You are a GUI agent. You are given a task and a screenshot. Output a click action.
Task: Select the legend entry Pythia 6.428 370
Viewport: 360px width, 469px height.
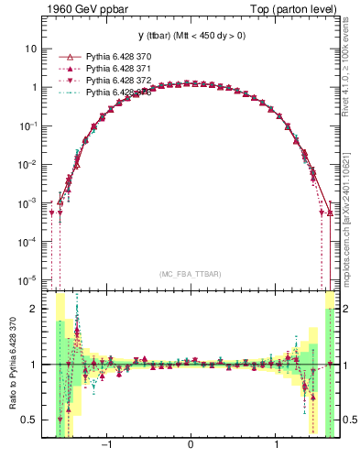tap(119, 57)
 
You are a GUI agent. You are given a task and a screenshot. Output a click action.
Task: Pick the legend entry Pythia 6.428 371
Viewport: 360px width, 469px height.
tap(119, 69)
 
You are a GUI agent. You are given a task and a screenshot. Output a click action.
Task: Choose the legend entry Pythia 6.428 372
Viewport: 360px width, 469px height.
tap(119, 81)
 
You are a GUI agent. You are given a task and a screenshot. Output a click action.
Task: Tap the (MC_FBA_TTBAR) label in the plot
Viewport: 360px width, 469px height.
tap(190, 274)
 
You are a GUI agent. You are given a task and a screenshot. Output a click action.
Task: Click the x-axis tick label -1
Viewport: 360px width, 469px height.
tap(106, 447)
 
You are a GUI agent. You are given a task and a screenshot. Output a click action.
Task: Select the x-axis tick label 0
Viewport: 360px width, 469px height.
tap(190, 447)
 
